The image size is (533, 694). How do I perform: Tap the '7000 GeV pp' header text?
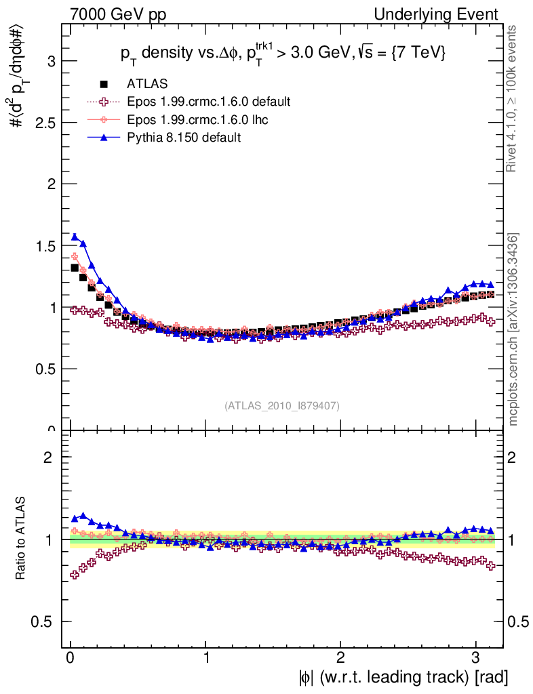pyautogui.click(x=118, y=14)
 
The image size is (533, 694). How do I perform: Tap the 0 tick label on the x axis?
pyautogui.click(x=71, y=657)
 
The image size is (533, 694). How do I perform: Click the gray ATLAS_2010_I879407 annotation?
pyautogui.click(x=282, y=405)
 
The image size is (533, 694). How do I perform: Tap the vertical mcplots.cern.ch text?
pyautogui.click(x=514, y=329)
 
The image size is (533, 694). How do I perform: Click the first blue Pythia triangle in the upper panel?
pyautogui.click(x=75, y=237)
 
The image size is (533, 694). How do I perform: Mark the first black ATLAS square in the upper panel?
pyautogui.click(x=75, y=268)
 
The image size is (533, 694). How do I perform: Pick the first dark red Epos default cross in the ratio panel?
pyautogui.click(x=75, y=575)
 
